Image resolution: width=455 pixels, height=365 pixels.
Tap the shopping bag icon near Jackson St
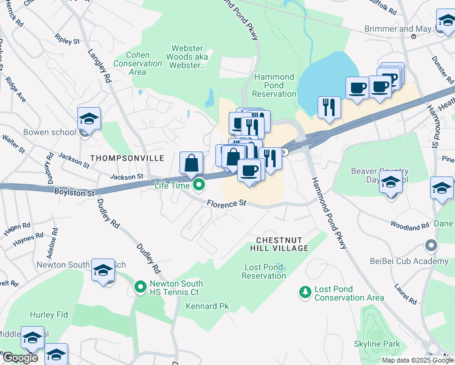[192, 164]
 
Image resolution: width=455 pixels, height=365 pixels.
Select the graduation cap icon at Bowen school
[89, 120]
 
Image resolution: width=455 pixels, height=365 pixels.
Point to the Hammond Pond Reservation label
[274, 86]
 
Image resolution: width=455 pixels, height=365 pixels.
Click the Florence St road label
[226, 204]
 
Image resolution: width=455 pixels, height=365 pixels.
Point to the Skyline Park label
[377, 344]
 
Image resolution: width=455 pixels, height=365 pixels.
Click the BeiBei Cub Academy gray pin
[431, 246]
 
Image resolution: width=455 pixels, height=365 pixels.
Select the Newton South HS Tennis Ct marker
[141, 285]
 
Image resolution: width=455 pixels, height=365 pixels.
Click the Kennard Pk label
[207, 306]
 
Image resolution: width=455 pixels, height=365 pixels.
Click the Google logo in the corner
[19, 358]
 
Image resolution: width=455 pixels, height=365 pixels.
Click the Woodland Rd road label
[409, 227]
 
